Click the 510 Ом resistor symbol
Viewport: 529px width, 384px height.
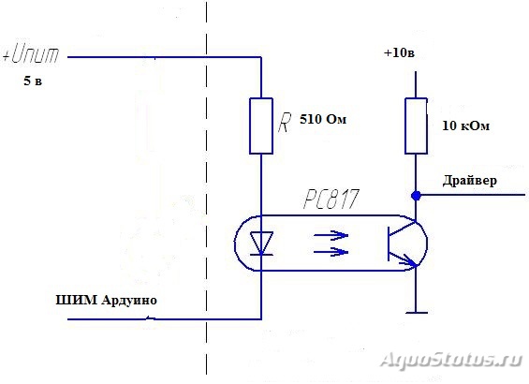click(261, 126)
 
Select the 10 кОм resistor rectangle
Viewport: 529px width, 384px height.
click(416, 126)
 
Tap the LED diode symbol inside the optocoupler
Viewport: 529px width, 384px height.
click(261, 244)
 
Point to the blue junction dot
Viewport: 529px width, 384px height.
click(416, 195)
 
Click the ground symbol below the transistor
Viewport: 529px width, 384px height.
click(417, 313)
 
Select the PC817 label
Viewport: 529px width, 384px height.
click(331, 199)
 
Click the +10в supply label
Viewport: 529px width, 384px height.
click(399, 53)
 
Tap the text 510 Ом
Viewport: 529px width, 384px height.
click(323, 119)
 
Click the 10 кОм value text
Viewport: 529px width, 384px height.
click(465, 126)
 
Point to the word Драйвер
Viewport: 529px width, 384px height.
click(470, 180)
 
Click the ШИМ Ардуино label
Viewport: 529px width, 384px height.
click(106, 300)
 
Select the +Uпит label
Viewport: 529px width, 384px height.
click(31, 54)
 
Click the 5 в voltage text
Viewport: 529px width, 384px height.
click(33, 81)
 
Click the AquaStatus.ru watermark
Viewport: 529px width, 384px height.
click(451, 360)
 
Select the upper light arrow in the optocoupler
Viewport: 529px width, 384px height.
click(331, 235)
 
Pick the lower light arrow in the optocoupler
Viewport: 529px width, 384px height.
click(331, 252)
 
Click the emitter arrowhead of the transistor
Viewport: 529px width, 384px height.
click(412, 262)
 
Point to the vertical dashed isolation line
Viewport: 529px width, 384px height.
click(207, 187)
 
